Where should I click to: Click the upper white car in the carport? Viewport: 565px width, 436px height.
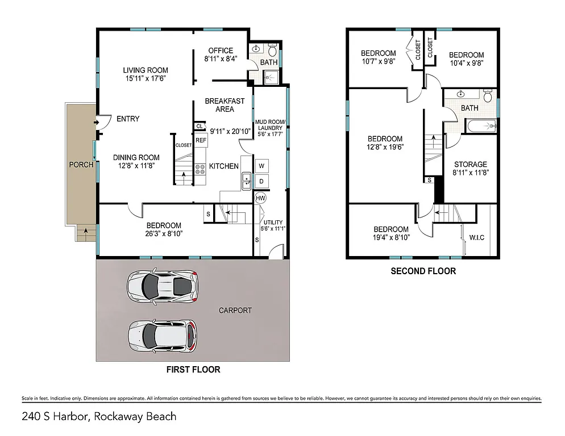click(163, 286)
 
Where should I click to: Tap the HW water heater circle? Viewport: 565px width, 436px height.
click(261, 198)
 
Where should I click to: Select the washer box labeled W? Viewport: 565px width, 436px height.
click(261, 166)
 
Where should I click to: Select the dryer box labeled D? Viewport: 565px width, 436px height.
click(261, 181)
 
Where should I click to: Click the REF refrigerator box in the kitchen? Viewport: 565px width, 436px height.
click(201, 140)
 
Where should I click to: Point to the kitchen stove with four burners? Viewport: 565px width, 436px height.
click(201, 167)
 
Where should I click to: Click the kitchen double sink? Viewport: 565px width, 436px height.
click(247, 181)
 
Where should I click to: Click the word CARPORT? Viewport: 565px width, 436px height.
click(235, 311)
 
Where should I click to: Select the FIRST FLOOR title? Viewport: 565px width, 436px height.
click(193, 370)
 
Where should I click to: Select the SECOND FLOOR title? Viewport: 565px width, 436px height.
click(423, 271)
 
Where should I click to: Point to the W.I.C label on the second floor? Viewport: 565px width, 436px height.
click(476, 237)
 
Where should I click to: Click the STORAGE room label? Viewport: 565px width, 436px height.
click(470, 164)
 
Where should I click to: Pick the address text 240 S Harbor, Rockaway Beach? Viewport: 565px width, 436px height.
click(99, 417)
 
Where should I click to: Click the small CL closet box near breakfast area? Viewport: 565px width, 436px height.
click(200, 127)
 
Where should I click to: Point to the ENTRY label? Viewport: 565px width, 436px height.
click(128, 119)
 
